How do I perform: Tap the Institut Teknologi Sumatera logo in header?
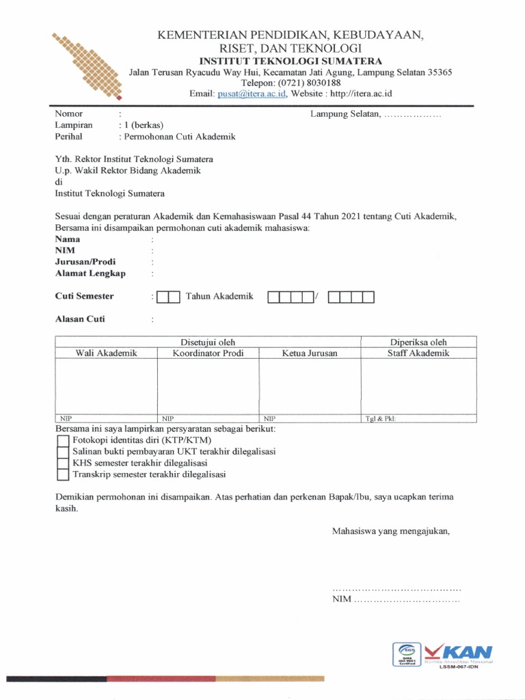tap(87, 66)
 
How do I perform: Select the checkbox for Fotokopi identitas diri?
tap(63, 440)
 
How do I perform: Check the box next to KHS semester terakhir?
tap(63, 463)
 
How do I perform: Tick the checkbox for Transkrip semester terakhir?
tap(63, 474)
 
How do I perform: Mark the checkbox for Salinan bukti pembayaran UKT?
tap(63, 452)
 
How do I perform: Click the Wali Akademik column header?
tap(106, 353)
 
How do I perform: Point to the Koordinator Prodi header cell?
tap(208, 353)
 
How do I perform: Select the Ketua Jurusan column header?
tap(310, 353)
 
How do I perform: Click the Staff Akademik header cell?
tap(418, 353)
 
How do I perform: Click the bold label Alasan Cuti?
tap(80, 319)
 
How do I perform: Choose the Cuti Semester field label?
tap(84, 297)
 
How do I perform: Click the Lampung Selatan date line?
tap(376, 114)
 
